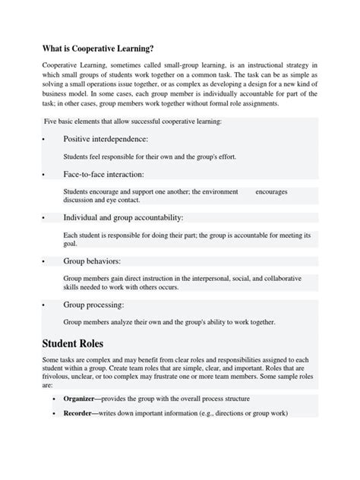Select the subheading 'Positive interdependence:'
(106, 139)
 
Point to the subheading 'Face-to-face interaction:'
(104, 174)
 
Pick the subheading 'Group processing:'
(94, 305)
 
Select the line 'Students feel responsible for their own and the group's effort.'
(150, 157)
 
